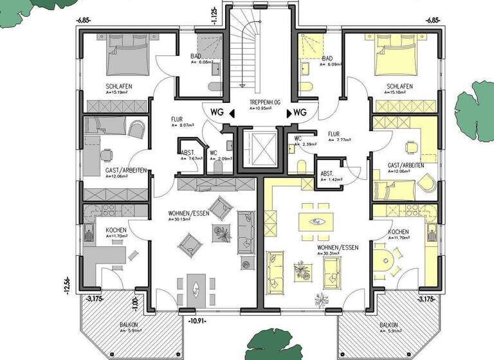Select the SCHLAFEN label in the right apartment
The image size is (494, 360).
(x=399, y=86)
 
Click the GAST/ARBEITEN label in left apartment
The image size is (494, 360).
(x=127, y=170)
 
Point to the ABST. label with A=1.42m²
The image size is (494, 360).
(x=327, y=173)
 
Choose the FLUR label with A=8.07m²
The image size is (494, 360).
(x=178, y=120)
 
